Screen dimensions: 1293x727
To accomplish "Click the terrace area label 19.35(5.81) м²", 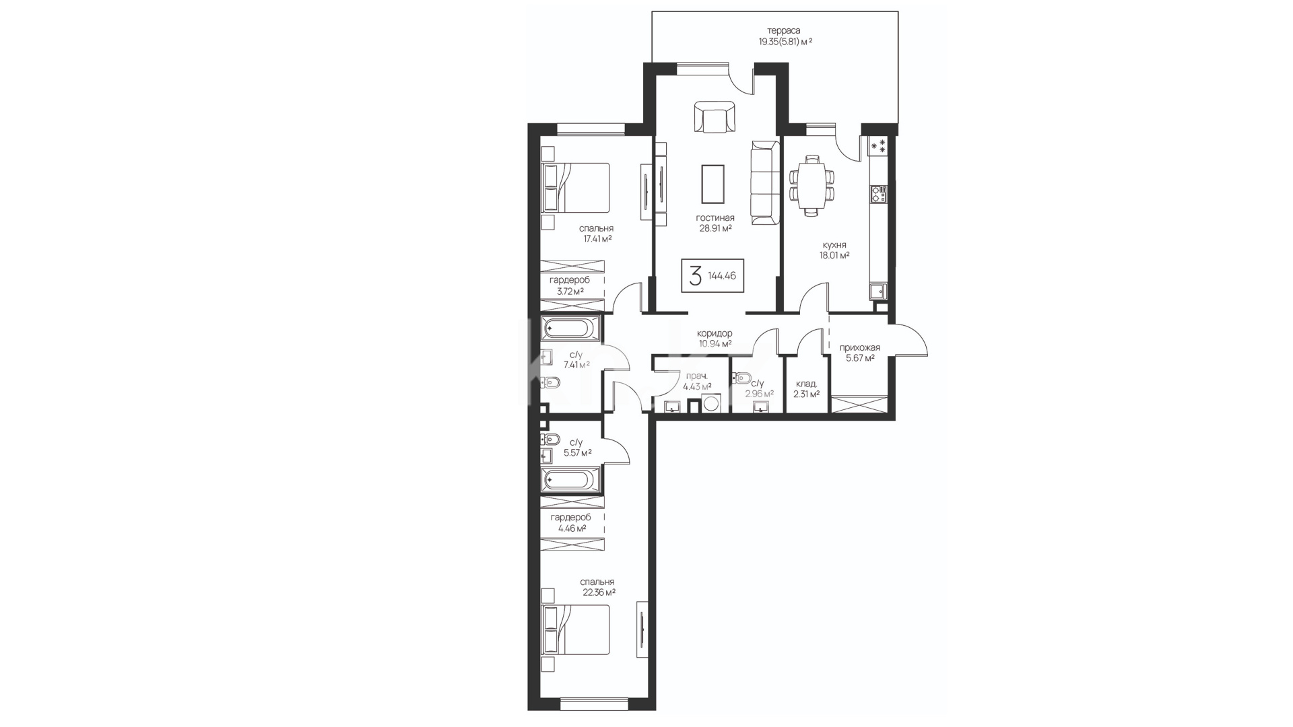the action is [785, 42].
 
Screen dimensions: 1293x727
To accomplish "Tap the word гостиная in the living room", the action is [715, 218].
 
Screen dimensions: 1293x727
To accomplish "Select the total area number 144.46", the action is [722, 275].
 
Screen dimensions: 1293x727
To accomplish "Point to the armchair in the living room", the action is [714, 118].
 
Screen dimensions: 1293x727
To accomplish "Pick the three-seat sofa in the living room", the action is [765, 184].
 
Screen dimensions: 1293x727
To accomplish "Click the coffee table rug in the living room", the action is [713, 184].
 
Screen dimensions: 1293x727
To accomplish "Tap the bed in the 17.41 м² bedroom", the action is [576, 188].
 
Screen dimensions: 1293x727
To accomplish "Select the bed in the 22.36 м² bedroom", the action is [576, 629].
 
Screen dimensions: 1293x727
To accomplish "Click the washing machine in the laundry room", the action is [711, 404].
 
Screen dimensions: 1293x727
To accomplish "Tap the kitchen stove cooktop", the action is [878, 195].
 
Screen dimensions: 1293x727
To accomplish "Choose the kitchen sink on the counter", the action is [877, 291].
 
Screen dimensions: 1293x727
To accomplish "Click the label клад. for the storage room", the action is [806, 384].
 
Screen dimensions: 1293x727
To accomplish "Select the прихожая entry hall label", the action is [859, 347].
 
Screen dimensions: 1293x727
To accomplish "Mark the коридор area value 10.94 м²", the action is [715, 344].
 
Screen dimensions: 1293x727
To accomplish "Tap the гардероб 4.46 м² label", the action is [570, 523].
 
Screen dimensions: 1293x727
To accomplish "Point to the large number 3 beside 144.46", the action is [695, 275].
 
